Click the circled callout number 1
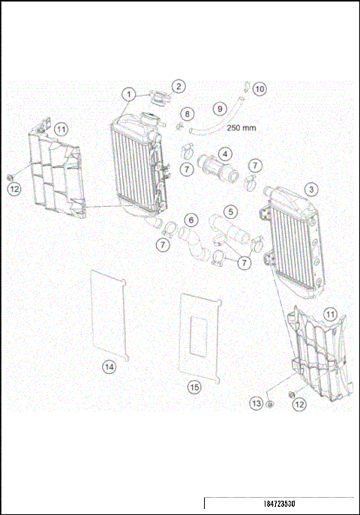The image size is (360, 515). click(x=130, y=94)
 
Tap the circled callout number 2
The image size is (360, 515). click(x=178, y=86)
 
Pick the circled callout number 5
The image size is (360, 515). click(x=231, y=213)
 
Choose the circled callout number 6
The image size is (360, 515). click(x=191, y=220)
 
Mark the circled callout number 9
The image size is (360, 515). click(x=220, y=108)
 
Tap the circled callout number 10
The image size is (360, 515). click(x=259, y=88)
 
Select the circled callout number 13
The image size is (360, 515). click(x=257, y=403)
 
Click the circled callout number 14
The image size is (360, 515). click(x=109, y=366)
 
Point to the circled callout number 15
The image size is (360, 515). click(x=194, y=387)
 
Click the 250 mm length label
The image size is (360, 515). click(x=241, y=127)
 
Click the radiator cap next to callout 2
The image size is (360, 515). click(x=158, y=98)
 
